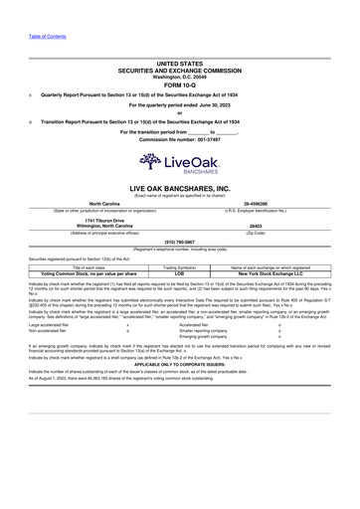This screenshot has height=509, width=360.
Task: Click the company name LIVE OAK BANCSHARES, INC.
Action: point(179,186)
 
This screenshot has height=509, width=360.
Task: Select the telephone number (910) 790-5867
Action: point(179,242)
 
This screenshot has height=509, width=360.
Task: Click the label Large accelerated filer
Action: point(51,324)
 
